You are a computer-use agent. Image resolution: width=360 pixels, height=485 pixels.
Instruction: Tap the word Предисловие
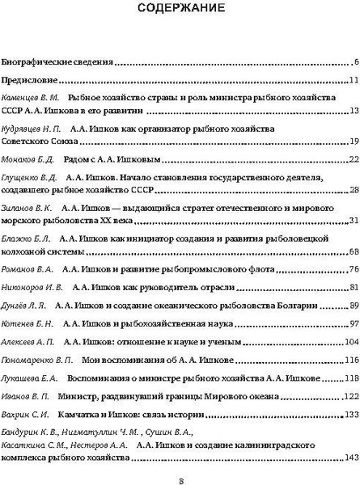point(31,81)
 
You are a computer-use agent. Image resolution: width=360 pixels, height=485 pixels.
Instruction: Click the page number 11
point(354,81)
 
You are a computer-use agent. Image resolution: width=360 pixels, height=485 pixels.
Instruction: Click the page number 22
point(354,158)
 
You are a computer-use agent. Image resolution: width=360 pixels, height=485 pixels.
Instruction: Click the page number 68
point(354,251)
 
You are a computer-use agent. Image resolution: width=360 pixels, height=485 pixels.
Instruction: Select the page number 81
point(354,288)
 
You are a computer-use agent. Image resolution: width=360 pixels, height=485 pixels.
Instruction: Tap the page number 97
point(354,324)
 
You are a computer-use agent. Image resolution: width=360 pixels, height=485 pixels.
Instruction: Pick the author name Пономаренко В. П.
point(38,360)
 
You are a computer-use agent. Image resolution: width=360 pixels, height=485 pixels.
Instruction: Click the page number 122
point(352,396)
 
